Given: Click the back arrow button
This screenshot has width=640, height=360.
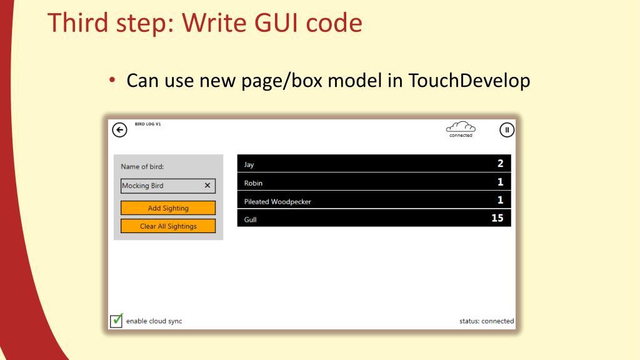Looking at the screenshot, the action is [119, 129].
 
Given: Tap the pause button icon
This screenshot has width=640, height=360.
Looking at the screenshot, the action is [507, 130].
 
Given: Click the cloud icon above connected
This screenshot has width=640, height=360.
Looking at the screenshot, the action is [461, 126].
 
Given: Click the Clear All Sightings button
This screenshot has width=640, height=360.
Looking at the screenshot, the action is [168, 226].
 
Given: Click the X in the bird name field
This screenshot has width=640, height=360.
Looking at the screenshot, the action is [207, 186].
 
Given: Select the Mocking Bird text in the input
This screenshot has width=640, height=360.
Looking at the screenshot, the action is [142, 186].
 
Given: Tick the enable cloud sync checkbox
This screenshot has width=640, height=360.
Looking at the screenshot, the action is [116, 321].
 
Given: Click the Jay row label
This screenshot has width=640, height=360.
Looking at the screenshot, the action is [249, 165].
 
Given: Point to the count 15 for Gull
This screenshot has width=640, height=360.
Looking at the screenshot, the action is [497, 218].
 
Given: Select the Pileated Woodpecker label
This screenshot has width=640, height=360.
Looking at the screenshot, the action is [277, 202].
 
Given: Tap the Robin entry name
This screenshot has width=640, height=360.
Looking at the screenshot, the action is [253, 183].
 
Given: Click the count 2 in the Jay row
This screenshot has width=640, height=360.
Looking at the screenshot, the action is [500, 164].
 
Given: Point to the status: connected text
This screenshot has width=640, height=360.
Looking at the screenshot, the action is [486, 321].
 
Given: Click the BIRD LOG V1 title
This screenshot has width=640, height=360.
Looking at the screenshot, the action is [148, 124].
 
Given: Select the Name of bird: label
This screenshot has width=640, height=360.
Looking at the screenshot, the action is [142, 167].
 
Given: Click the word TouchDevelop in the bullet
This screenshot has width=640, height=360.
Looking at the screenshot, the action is [469, 81].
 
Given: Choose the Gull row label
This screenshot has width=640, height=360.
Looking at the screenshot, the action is [250, 220].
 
